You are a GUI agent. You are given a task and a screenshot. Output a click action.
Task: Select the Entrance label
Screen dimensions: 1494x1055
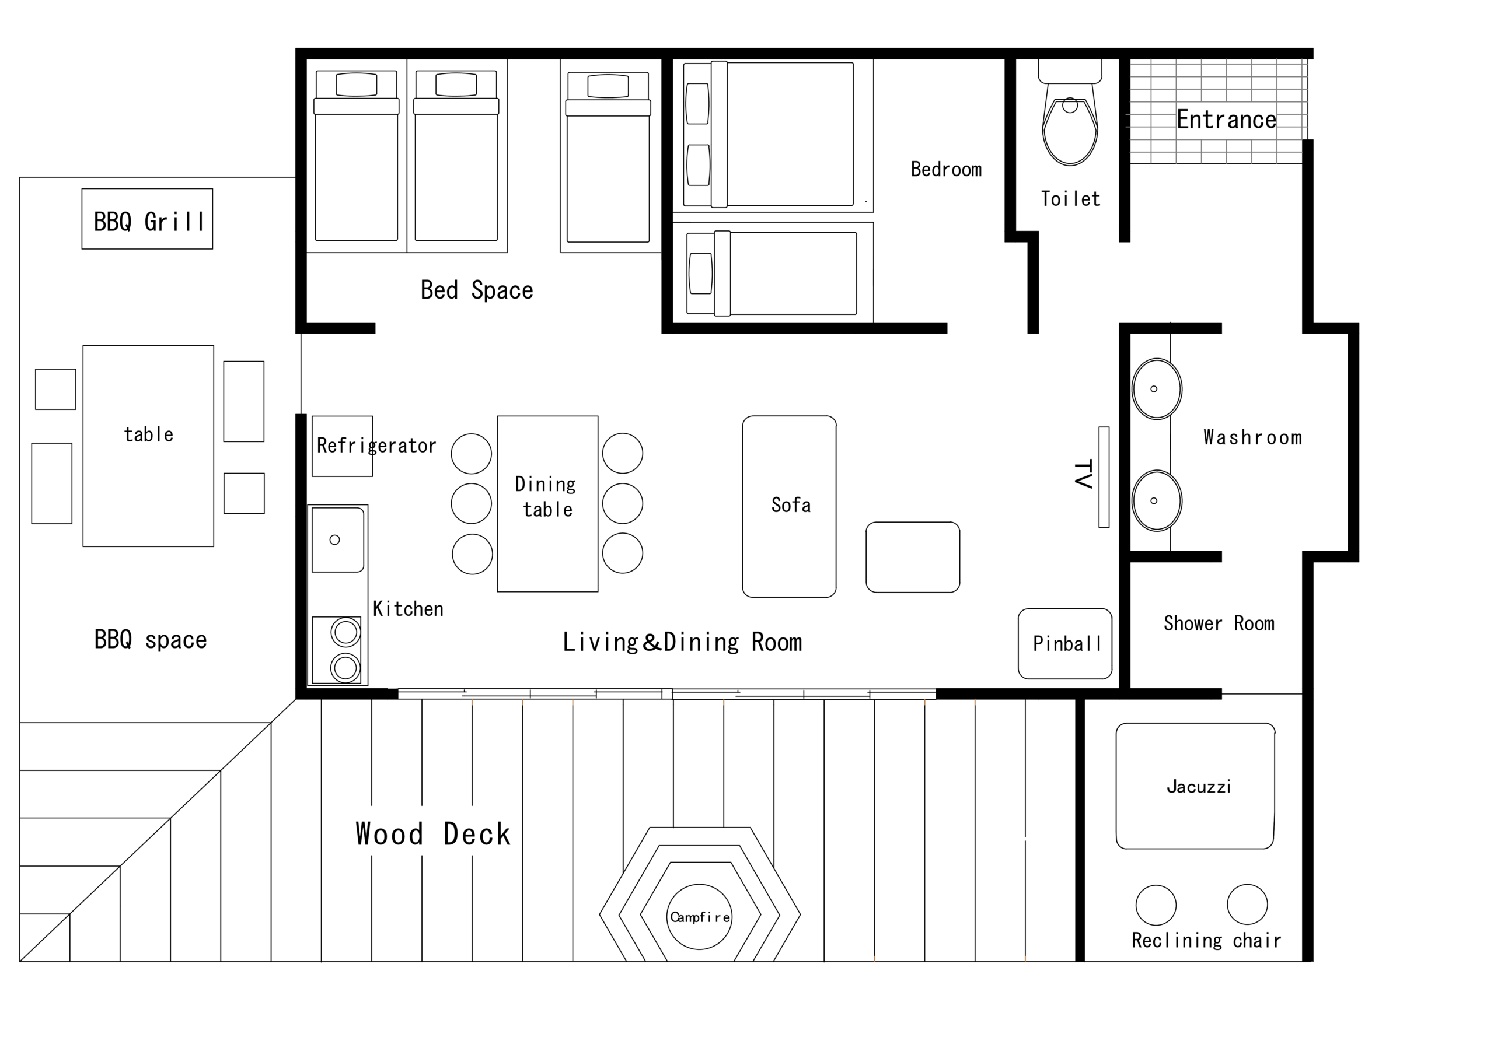pos(1226,120)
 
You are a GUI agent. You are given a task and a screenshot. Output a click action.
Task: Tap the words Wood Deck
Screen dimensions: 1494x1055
pos(432,834)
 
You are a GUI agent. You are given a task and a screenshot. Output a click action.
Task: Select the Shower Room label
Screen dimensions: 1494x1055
pos(1219,623)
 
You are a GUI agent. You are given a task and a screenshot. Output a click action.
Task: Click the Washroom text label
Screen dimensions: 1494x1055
pos(1252,437)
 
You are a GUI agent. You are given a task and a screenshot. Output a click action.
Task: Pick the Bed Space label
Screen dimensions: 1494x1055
pos(476,290)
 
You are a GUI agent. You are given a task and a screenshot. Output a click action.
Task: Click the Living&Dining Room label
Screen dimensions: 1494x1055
pos(682,642)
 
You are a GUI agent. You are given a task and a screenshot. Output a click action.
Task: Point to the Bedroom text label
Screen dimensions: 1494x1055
pos(946,169)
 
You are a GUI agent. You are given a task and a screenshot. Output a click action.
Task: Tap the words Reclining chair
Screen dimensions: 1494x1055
pos(1206,940)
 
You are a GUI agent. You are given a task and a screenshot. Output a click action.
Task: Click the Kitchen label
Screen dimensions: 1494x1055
pos(408,608)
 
